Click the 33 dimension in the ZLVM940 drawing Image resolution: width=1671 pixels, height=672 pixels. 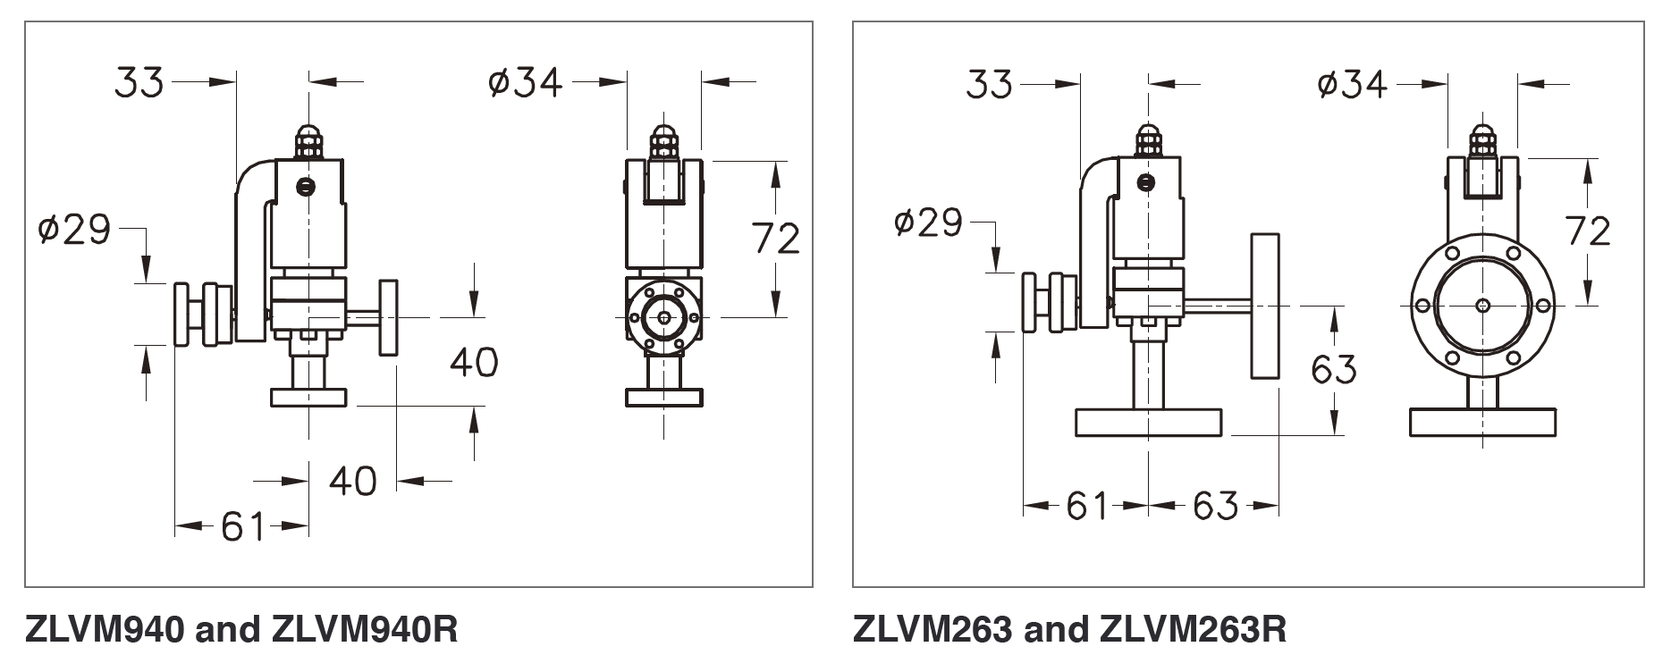139,82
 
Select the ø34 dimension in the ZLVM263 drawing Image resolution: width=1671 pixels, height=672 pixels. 1352,85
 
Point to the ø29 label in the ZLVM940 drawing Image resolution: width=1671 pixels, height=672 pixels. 74,230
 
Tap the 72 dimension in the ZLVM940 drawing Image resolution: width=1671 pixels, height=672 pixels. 775,239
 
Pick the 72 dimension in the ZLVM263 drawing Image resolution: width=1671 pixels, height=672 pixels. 1588,231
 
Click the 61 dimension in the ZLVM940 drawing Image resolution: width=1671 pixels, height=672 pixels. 244,526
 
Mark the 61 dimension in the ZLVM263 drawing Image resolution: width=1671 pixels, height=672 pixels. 1087,507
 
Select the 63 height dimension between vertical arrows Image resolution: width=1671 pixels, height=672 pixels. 1333,368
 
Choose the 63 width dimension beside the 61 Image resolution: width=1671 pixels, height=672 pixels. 1215,507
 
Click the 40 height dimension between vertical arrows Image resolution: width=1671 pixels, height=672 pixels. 474,362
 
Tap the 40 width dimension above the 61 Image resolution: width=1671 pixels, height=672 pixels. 353,482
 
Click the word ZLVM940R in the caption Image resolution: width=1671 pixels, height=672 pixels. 363,631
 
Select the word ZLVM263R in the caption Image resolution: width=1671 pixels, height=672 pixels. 1192,631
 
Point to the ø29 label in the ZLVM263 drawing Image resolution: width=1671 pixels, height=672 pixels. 929,223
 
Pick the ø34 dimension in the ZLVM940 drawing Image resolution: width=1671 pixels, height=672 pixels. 526,82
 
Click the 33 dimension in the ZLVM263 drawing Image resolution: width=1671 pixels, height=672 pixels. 990,85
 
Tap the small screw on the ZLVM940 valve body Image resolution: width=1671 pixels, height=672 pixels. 307,187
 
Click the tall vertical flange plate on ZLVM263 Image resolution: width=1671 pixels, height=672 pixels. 1265,307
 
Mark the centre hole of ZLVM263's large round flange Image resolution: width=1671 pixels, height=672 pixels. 1482,306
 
